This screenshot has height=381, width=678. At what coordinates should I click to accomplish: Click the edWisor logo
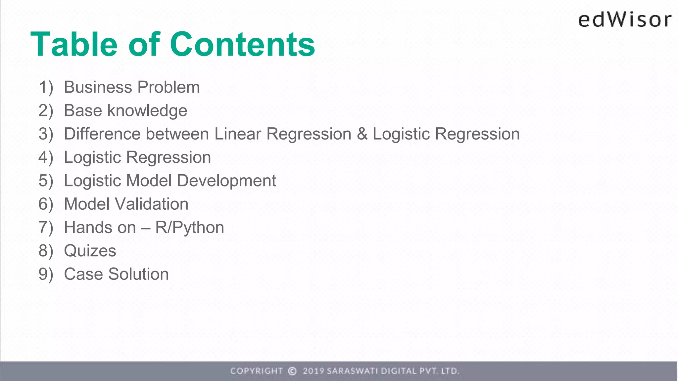point(625,20)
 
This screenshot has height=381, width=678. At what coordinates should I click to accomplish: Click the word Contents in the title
point(242,44)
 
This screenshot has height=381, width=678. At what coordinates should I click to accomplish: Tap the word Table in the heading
point(74,44)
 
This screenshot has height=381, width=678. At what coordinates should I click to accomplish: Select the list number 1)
point(46,87)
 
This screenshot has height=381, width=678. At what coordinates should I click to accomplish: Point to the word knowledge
point(147,111)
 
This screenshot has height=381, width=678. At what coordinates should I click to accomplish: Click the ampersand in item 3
point(362,134)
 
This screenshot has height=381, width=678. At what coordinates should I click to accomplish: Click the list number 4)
point(46,157)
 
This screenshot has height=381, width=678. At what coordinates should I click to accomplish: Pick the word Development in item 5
point(226,181)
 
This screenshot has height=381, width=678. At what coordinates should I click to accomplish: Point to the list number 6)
point(46,204)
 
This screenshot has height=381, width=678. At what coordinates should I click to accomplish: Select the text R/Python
point(190,228)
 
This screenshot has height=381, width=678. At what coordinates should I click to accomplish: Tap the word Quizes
point(90,251)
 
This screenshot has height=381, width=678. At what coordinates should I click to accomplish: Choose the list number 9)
point(46,274)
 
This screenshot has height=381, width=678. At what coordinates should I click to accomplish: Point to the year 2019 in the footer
point(313,371)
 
